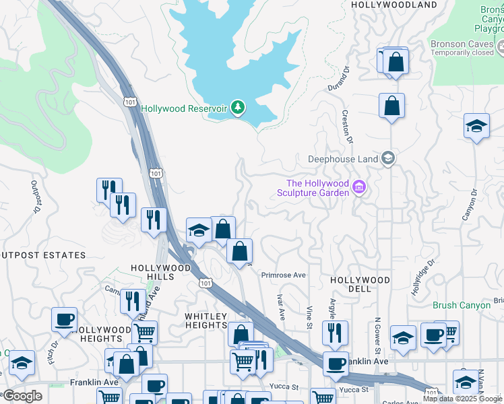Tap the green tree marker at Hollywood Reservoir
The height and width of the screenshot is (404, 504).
(237, 107)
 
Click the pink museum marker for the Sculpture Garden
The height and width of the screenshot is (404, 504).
(358, 187)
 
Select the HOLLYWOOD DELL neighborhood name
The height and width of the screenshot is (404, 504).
(360, 283)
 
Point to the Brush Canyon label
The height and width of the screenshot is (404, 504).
(462, 305)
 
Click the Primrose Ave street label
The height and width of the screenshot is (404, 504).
(284, 275)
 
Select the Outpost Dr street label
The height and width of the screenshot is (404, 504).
(34, 196)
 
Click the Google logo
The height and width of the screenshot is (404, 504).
(22, 396)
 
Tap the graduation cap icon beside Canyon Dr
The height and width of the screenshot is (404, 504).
(476, 126)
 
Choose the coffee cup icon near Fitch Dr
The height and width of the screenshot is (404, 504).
(64, 319)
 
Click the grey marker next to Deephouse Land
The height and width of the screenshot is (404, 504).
(388, 159)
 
